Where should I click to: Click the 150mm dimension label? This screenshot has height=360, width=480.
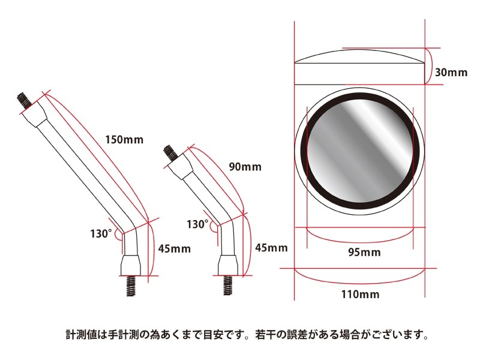[x=125, y=140]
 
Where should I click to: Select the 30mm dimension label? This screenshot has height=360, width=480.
[x=451, y=73]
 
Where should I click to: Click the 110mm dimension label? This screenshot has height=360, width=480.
[x=360, y=295]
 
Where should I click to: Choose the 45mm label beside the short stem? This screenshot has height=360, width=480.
[x=271, y=247]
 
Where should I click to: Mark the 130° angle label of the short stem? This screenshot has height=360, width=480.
[x=197, y=224]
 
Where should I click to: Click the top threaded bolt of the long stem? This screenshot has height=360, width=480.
[x=23, y=100]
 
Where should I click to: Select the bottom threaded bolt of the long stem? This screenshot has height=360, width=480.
[x=130, y=286]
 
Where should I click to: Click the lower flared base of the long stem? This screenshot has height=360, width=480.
[x=130, y=264]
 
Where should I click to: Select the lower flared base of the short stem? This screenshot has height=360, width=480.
[x=227, y=265]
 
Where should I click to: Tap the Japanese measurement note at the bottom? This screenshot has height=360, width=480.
[x=247, y=334]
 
